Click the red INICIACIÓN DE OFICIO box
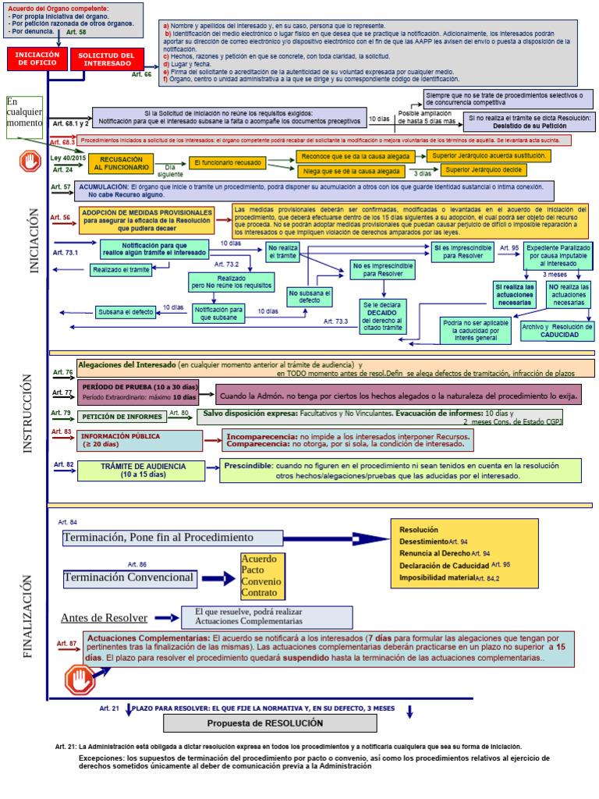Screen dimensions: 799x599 [37, 59]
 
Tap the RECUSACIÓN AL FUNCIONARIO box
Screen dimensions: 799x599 [121, 163]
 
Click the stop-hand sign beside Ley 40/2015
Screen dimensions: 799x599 [30, 162]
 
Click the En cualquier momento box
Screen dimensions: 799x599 [23, 118]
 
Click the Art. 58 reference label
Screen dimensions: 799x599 [76, 33]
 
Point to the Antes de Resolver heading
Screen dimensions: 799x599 [104, 618]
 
